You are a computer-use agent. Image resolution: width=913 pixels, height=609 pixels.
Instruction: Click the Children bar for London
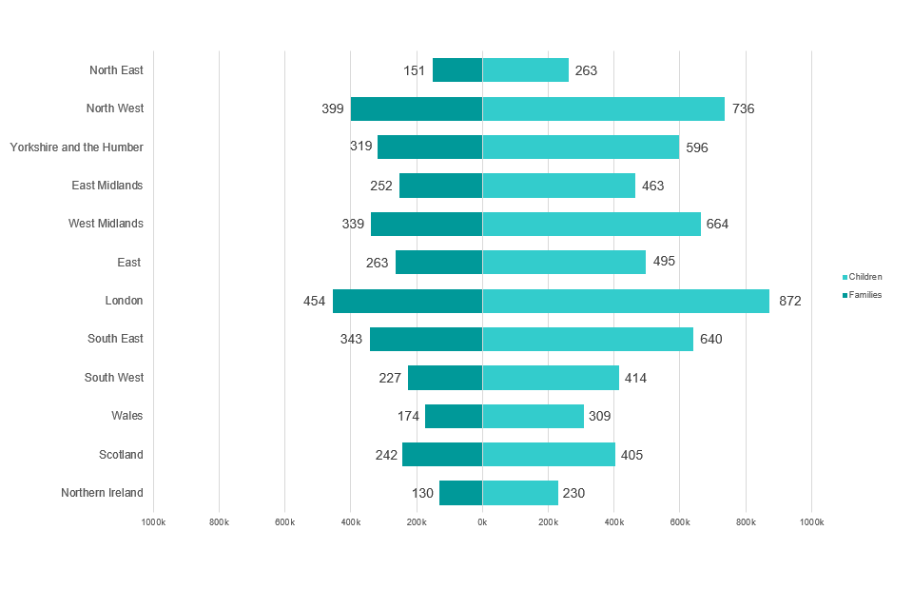coord(626,301)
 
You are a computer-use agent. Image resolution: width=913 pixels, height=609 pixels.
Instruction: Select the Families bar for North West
coord(417,108)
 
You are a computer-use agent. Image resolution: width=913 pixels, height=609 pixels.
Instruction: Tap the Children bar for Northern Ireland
coord(520,493)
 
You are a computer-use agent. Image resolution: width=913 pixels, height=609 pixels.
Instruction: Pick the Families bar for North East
coord(457,70)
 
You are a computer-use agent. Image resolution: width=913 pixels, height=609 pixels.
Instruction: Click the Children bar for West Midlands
coord(592,224)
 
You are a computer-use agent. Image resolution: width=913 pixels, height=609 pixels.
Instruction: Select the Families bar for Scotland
coord(442,454)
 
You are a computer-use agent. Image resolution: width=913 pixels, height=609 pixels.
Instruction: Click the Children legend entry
coord(864,277)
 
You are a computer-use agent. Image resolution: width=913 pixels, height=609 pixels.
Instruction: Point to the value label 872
coord(790,301)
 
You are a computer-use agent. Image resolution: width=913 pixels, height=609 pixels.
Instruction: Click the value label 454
coord(315,301)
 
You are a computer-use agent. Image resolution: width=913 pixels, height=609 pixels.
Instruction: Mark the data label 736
coord(744,108)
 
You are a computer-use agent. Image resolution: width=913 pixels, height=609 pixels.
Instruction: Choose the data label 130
coord(423,493)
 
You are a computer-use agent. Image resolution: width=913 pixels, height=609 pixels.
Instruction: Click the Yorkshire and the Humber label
coord(77,147)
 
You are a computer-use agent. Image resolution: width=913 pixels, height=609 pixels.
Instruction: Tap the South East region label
coord(115,339)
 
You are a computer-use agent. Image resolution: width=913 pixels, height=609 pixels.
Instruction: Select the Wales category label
coord(127,416)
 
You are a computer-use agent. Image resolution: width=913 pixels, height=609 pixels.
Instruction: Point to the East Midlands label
coord(107,186)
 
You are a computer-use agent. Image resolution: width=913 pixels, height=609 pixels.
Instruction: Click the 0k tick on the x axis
coord(482,522)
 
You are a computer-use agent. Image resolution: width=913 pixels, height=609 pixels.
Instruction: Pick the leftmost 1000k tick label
coord(154,522)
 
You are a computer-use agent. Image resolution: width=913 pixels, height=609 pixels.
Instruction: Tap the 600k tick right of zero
coord(680,522)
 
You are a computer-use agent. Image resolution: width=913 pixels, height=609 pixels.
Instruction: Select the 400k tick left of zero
coord(351,522)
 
